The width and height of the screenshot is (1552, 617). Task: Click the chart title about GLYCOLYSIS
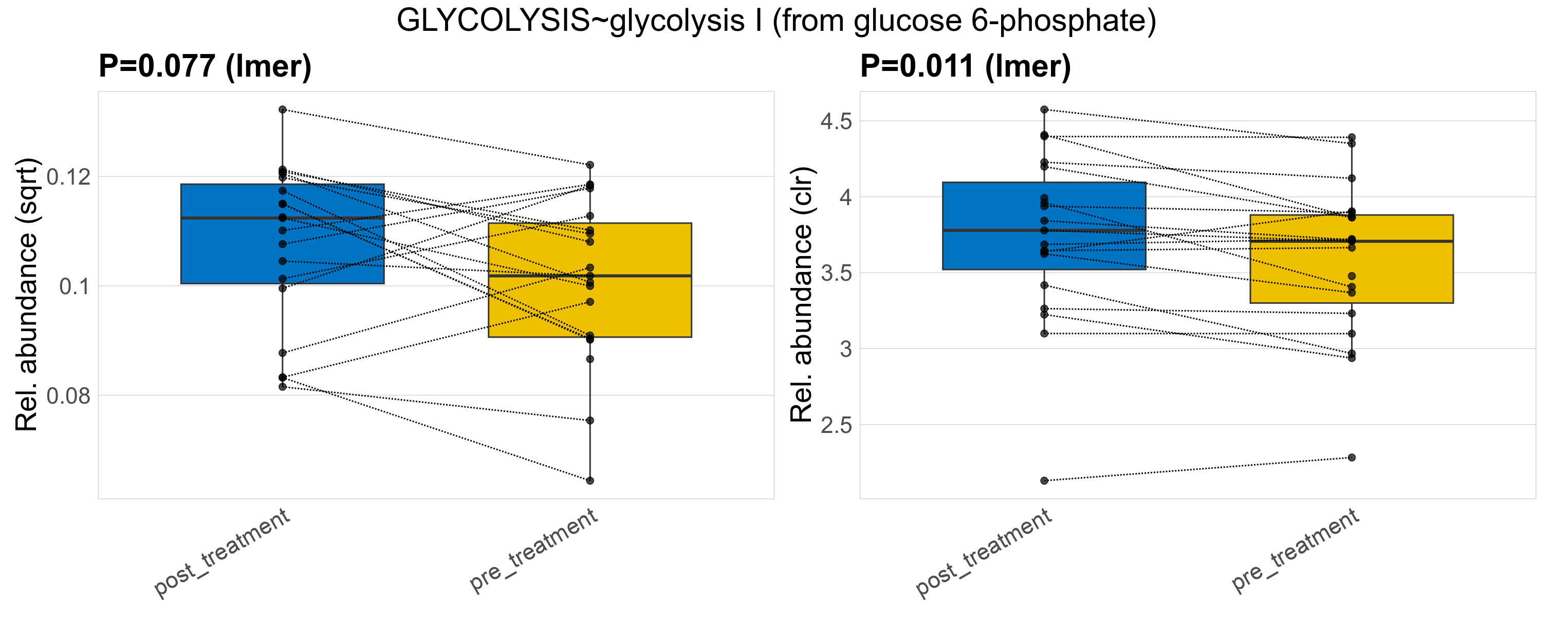(x=776, y=21)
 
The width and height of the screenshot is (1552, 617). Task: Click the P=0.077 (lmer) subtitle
(x=205, y=66)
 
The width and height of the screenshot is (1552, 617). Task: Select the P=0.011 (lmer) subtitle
(x=965, y=66)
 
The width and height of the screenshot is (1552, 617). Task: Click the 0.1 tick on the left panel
(x=75, y=287)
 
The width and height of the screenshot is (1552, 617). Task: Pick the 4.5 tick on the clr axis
(x=836, y=122)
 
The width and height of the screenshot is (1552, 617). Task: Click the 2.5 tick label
(x=836, y=425)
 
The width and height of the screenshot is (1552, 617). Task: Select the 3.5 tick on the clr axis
(x=836, y=274)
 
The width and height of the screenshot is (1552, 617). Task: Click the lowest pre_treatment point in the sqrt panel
(x=590, y=481)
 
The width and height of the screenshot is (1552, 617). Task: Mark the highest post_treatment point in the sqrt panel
(x=283, y=110)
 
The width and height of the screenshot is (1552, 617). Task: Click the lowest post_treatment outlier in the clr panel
(x=1044, y=481)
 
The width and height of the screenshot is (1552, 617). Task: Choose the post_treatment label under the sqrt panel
(x=223, y=553)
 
